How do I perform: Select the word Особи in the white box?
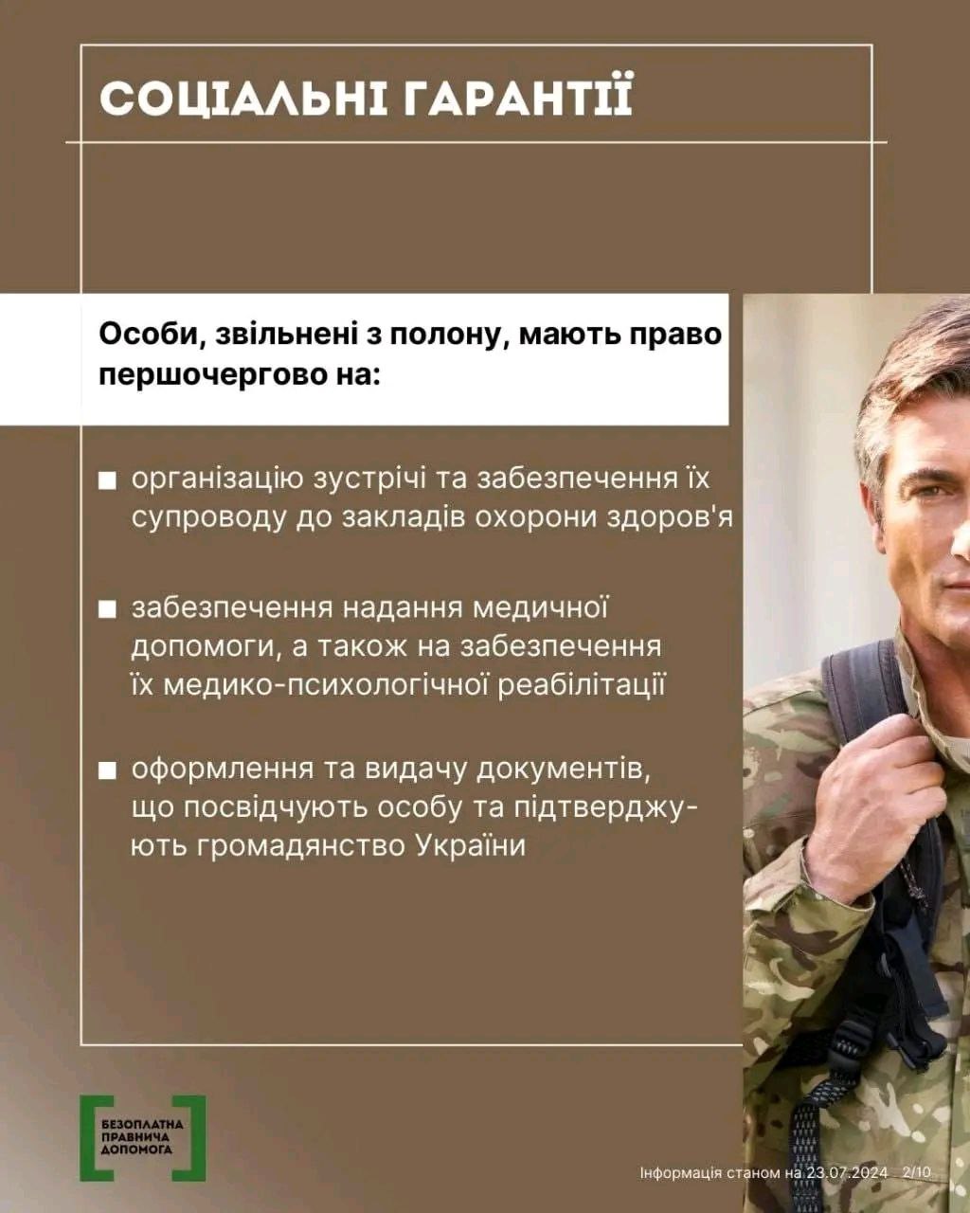[143, 335]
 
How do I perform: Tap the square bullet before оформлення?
[108, 771]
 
